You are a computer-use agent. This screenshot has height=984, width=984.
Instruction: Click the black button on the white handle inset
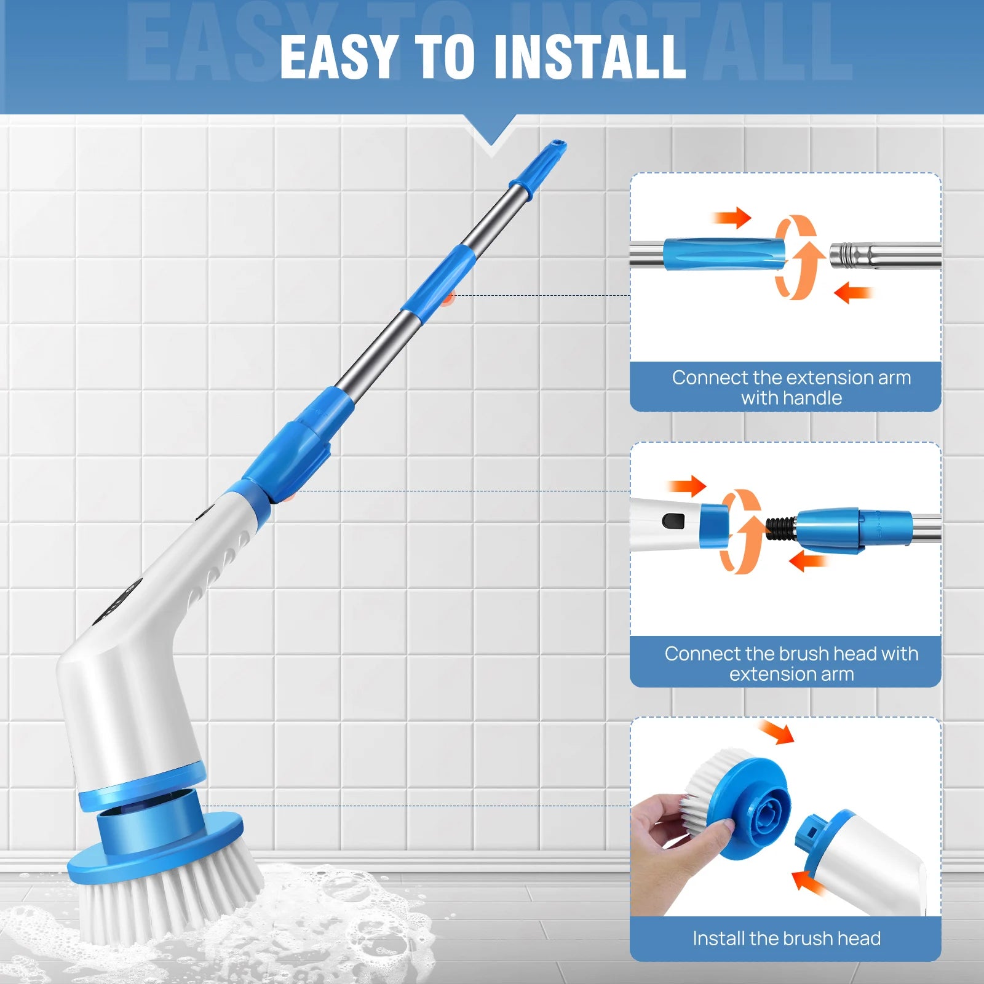click(x=673, y=522)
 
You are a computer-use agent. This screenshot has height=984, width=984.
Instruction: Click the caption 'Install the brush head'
click(x=786, y=938)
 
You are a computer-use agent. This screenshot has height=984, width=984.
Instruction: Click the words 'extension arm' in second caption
click(x=791, y=674)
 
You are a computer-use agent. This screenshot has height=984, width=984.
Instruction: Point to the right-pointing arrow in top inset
click(x=732, y=217)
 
